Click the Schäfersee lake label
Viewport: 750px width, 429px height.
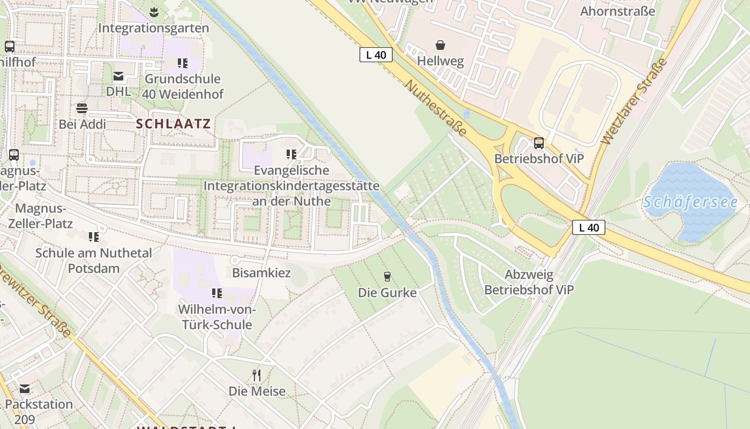tap(690, 202)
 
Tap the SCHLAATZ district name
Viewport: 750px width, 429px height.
tap(173, 124)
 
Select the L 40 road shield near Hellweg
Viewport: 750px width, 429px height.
tap(376, 55)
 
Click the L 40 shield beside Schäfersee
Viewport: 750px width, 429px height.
tap(588, 227)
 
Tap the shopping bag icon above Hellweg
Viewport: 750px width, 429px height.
tap(440, 45)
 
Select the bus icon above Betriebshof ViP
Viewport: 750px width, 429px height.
tap(538, 143)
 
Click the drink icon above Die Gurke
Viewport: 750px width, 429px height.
tap(387, 277)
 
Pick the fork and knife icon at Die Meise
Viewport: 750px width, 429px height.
tap(257, 375)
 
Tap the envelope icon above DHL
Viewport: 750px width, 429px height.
tap(118, 76)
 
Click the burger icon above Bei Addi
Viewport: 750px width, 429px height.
tap(81, 108)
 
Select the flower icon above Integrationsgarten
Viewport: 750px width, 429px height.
tap(154, 12)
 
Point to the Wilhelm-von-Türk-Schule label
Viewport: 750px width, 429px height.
tap(216, 317)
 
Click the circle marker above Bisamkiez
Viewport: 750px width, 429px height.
tap(234, 260)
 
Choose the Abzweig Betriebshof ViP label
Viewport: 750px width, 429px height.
tap(529, 282)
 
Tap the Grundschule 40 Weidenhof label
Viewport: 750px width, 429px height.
tap(183, 86)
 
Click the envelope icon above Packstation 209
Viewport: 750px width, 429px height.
tap(24, 389)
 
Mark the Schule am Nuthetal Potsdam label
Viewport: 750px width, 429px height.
tap(94, 260)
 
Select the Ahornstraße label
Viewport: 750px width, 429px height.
tap(617, 11)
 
